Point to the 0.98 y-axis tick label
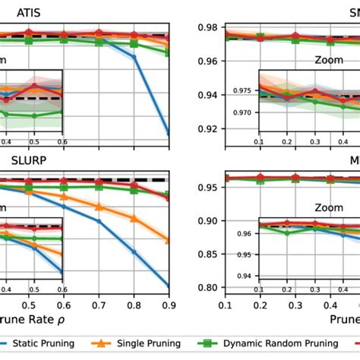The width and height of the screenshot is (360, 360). tap(207, 27)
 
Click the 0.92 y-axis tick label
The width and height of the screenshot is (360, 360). tap(207, 128)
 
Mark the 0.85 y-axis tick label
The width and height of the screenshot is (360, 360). tap(207, 254)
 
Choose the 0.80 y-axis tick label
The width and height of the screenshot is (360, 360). tap(207, 287)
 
